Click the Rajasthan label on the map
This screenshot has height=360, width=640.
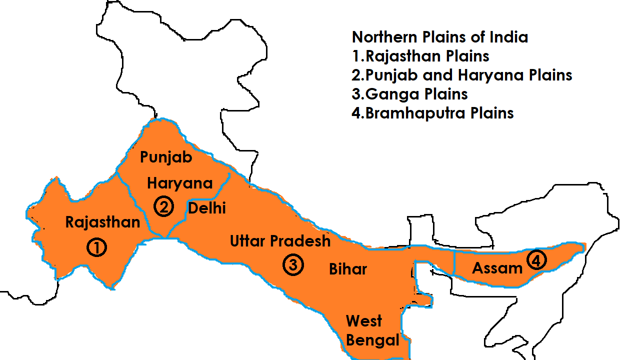(x=102, y=222)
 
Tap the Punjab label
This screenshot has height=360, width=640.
(x=166, y=157)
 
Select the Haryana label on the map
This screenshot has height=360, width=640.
(x=179, y=183)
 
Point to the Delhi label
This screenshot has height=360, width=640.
(x=206, y=208)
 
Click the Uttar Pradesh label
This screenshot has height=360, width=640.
(x=280, y=241)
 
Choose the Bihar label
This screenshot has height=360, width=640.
(x=348, y=269)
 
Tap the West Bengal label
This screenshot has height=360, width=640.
(x=372, y=330)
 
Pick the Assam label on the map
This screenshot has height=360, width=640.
(x=497, y=268)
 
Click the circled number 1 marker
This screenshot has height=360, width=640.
(x=96, y=247)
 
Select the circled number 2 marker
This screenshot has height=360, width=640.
(x=163, y=206)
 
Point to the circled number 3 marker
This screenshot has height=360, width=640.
(x=292, y=265)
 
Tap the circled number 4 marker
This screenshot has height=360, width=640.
(x=536, y=260)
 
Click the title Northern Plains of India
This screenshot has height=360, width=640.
(x=439, y=37)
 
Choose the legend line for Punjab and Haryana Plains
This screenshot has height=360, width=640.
(x=461, y=75)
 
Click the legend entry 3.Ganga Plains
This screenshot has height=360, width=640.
(x=409, y=94)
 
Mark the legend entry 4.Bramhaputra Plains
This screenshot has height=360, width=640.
(x=432, y=113)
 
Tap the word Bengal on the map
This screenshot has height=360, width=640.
(x=372, y=340)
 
